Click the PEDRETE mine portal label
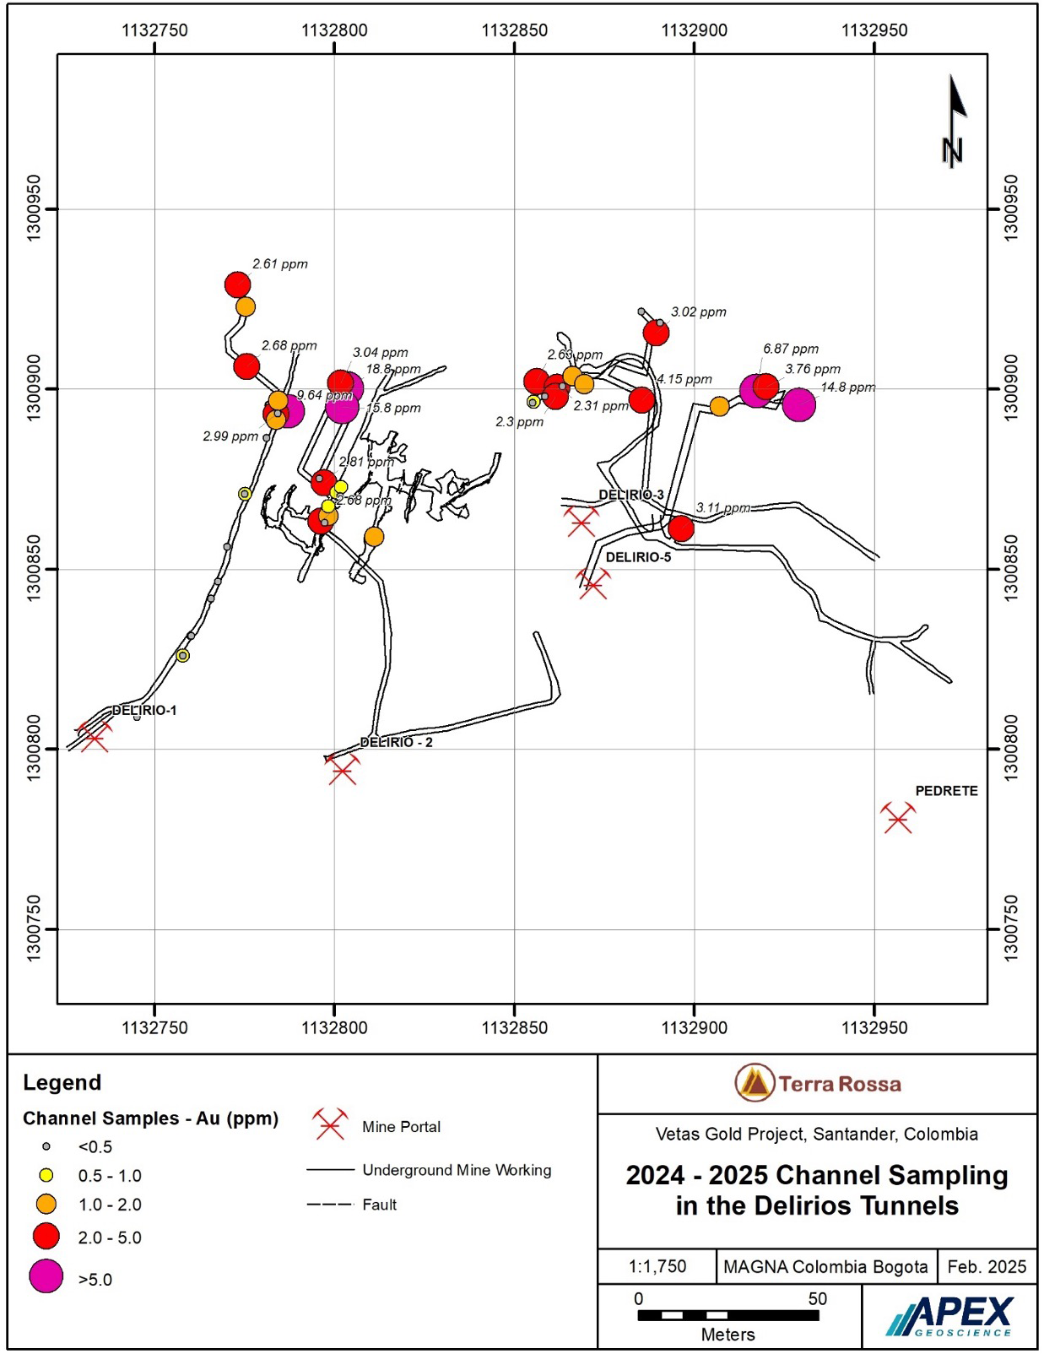(946, 791)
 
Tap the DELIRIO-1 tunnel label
(144, 711)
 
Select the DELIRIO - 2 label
(396, 742)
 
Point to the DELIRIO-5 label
(638, 557)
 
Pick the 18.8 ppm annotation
(392, 369)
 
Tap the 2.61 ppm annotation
(280, 264)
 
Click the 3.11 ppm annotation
(723, 508)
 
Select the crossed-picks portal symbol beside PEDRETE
(898, 818)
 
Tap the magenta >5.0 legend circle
(46, 1276)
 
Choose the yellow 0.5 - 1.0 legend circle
(46, 1175)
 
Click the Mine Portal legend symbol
(329, 1125)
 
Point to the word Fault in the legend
(379, 1205)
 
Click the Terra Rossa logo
(817, 1084)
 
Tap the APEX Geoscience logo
(950, 1317)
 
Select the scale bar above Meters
(728, 1315)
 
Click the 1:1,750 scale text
(657, 1266)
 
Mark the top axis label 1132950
(874, 31)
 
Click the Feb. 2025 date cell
(987, 1266)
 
